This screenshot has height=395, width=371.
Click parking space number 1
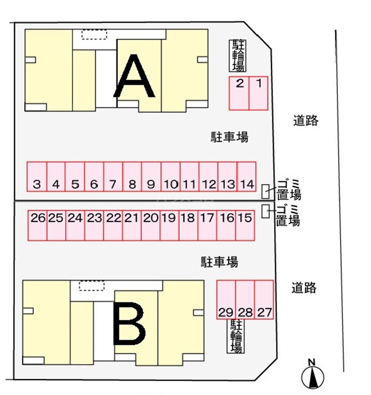(258, 93)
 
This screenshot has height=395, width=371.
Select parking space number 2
(239, 93)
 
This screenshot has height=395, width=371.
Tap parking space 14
(247, 176)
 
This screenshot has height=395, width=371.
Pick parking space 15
(245, 225)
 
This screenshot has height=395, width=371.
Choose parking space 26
(37, 225)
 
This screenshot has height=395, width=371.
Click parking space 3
(37, 176)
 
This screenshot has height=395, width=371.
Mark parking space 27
(264, 299)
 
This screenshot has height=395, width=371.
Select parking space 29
(226, 299)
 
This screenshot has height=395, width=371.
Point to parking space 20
(151, 225)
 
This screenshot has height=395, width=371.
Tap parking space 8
(132, 176)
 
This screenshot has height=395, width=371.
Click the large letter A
(134, 76)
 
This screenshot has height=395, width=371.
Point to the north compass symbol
(312, 376)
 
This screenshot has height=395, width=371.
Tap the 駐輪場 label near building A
(238, 56)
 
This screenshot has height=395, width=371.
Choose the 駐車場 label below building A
(230, 137)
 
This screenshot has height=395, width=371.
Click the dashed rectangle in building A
(94, 35)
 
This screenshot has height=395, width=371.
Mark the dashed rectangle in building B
(92, 286)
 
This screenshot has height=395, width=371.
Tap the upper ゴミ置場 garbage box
(265, 191)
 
